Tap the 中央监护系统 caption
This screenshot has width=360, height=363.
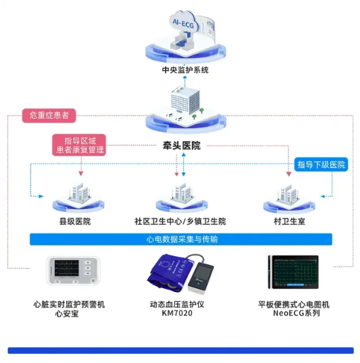point(185,70)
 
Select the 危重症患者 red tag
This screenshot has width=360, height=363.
point(49,115)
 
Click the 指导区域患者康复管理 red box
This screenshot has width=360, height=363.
point(80,145)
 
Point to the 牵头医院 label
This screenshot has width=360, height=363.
point(181,146)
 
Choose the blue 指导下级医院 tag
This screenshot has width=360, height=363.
point(321,164)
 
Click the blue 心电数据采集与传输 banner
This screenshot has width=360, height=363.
point(181,239)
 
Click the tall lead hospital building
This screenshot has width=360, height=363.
point(183,101)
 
